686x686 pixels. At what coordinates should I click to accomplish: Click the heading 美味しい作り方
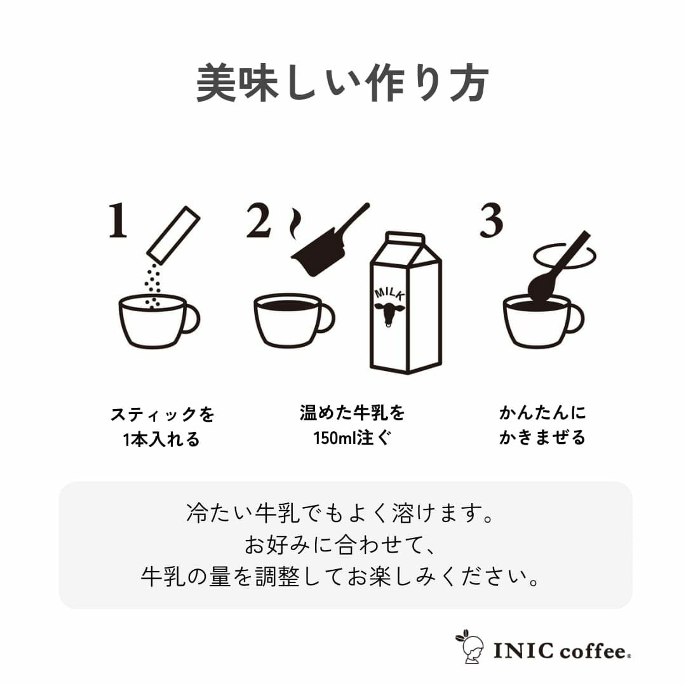tap(342, 83)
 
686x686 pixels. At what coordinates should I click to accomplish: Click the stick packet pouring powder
tap(173, 235)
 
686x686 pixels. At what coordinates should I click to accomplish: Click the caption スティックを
tap(163, 415)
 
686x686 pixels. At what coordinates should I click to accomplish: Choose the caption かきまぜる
tap(542, 438)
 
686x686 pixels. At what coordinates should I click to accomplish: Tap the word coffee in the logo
tap(593, 650)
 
